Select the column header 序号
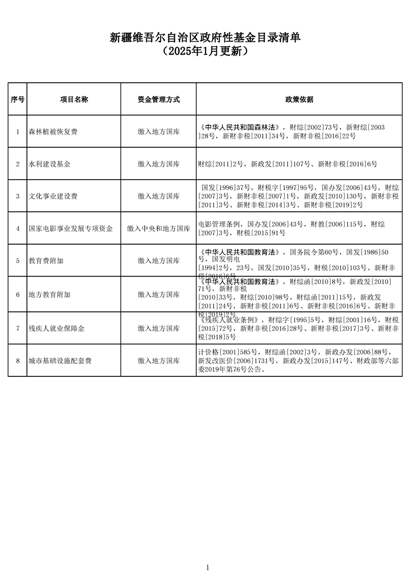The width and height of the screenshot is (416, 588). tap(17, 99)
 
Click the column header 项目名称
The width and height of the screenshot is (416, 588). tap(74, 99)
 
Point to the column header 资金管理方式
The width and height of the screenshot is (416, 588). tap(158, 99)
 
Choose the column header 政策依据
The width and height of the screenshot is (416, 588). tap(299, 99)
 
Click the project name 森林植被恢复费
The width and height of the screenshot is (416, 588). tap(54, 132)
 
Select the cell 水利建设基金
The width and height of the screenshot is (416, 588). tap(50, 164)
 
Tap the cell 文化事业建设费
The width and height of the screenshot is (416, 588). tap(54, 197)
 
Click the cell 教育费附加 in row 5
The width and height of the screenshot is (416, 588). tap(46, 261)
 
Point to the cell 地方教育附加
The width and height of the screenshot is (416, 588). tap(50, 295)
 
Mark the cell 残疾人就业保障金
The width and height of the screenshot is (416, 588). tap(57, 329)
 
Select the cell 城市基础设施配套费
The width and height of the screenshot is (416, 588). tap(60, 361)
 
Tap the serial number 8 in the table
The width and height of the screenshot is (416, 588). tap(17, 361)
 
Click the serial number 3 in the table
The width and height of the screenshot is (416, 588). tap(17, 197)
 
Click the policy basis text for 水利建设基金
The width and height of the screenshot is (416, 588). tap(287, 164)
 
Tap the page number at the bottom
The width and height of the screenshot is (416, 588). tap(208, 568)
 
